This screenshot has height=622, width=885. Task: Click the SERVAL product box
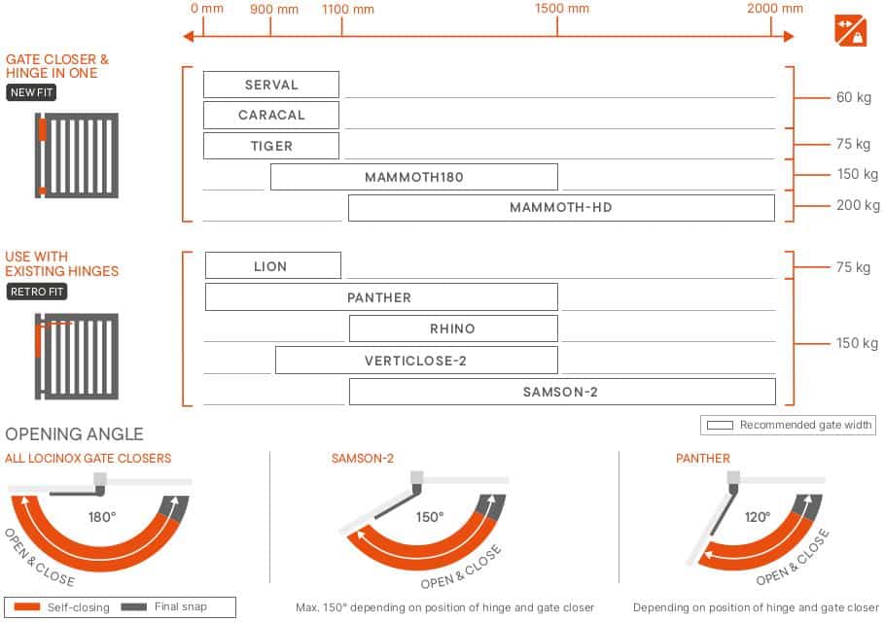(271, 85)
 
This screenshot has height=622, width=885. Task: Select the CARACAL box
(271, 115)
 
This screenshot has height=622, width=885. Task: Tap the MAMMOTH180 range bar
(413, 177)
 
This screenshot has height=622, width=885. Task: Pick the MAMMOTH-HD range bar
(561, 208)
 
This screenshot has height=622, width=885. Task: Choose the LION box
(273, 265)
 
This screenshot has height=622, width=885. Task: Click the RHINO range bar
(453, 328)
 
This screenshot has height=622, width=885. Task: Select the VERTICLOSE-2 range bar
(416, 361)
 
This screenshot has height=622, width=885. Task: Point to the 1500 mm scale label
(561, 9)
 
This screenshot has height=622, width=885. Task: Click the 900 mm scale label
(273, 9)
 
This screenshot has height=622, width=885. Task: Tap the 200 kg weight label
(858, 205)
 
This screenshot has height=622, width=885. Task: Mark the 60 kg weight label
(854, 97)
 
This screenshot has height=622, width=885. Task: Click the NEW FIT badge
(31, 92)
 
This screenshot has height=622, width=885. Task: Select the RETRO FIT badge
(37, 292)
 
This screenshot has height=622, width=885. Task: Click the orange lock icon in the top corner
(850, 30)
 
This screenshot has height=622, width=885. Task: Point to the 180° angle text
(101, 516)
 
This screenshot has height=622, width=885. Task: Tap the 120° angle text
(757, 516)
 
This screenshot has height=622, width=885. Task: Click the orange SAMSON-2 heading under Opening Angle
(363, 458)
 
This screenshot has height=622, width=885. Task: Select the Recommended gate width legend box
(788, 425)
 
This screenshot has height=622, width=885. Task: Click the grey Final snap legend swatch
(134, 606)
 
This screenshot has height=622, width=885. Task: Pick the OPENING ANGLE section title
(74, 433)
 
